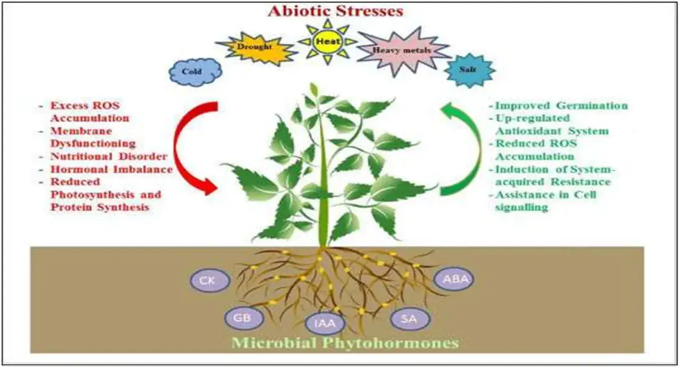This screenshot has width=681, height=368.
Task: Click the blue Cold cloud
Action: pyautogui.click(x=195, y=72)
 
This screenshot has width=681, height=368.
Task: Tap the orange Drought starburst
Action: pyautogui.click(x=255, y=48)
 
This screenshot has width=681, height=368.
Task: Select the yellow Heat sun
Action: pyautogui.click(x=327, y=41)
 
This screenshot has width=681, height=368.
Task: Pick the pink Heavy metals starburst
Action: pyautogui.click(x=403, y=51)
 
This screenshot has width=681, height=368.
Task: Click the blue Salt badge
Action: pyautogui.click(x=469, y=70)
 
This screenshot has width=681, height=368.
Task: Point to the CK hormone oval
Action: pyautogui.click(x=210, y=280)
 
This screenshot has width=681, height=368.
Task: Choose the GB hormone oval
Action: pyautogui.click(x=244, y=318)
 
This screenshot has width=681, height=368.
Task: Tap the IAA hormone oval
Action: pyautogui.click(x=325, y=323)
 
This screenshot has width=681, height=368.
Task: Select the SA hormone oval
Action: pyautogui.click(x=410, y=319)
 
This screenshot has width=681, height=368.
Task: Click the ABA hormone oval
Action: pyautogui.click(x=454, y=279)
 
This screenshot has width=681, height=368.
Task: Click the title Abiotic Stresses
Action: pyautogui.click(x=336, y=11)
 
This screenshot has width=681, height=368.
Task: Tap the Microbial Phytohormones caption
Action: pyautogui.click(x=345, y=343)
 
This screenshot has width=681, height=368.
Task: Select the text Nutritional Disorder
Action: pyautogui.click(x=109, y=156)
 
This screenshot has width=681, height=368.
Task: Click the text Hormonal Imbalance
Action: pyautogui.click(x=112, y=169)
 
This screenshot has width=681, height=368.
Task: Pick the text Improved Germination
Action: pyautogui.click(x=561, y=106)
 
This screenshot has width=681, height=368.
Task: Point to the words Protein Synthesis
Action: pyautogui.click(x=100, y=207)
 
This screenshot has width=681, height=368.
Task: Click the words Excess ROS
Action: pyautogui.click(x=85, y=105)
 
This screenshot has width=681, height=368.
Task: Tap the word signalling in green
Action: pyautogui.click(x=522, y=207)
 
